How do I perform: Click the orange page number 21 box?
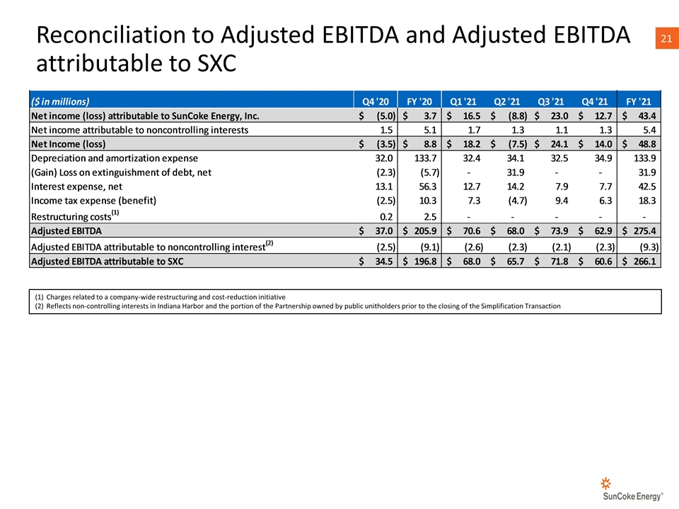pyautogui.click(x=667, y=38)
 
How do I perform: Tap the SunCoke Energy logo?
pyautogui.click(x=632, y=489)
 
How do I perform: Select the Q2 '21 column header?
pyautogui.click(x=506, y=101)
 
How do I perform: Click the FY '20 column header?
pyautogui.click(x=419, y=101)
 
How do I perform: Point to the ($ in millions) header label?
pyautogui.click(x=60, y=101)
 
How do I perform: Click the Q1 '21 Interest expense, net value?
pyautogui.click(x=471, y=187)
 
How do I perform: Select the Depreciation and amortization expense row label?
pyautogui.click(x=115, y=158)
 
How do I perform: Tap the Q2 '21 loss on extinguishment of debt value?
pyautogui.click(x=516, y=172)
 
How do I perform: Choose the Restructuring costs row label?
pyautogui.click(x=75, y=215)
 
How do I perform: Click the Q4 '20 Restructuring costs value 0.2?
pyautogui.click(x=386, y=217)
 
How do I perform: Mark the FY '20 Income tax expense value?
pyautogui.click(x=427, y=201)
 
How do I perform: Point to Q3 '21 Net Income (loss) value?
pyautogui.click(x=559, y=144)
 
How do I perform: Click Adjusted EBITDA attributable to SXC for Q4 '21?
pyautogui.click(x=603, y=262)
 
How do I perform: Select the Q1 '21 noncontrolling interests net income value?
pyautogui.click(x=474, y=130)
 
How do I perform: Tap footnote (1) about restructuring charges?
pyautogui.click(x=161, y=297)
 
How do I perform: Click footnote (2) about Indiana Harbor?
pyautogui.click(x=298, y=306)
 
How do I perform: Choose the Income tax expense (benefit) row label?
pyautogui.click(x=93, y=201)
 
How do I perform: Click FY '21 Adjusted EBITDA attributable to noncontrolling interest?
pyautogui.click(x=649, y=247)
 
